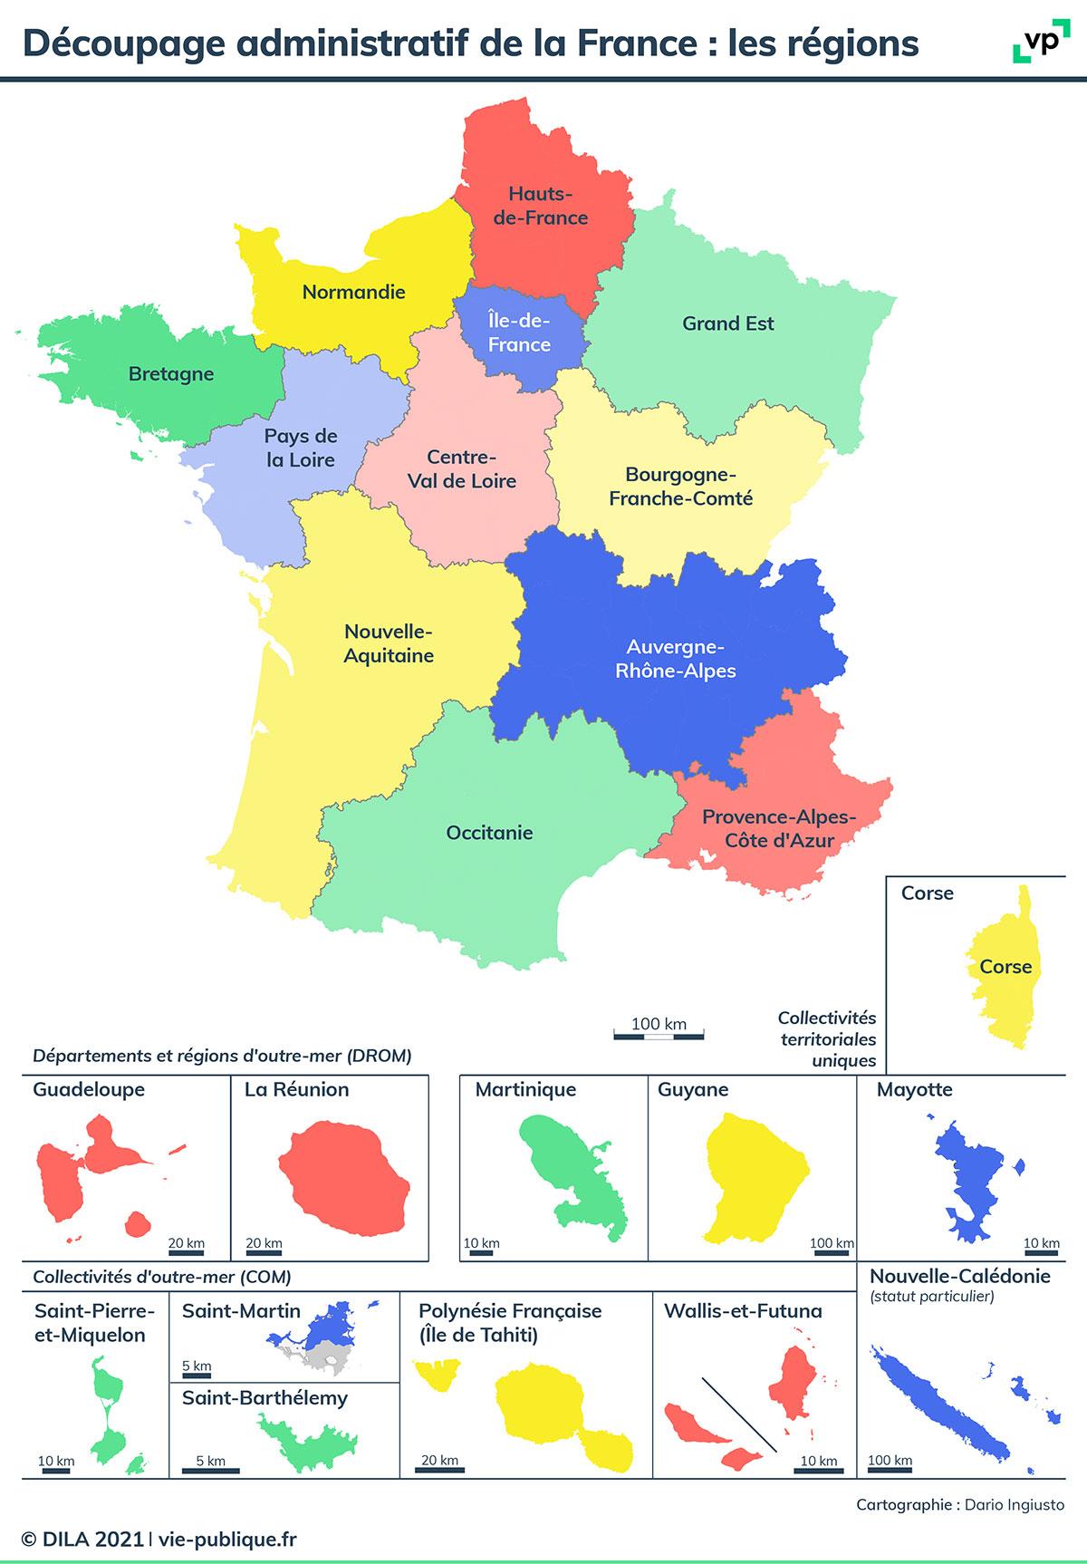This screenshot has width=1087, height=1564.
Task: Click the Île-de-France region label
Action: point(519,332)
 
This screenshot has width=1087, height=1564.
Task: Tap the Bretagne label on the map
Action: point(171,373)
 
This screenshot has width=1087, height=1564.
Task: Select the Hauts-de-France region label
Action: point(541,206)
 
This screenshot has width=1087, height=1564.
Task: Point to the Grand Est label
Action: point(728,323)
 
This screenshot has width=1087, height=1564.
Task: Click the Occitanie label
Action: point(489,833)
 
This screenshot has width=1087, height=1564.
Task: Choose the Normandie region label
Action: point(353,292)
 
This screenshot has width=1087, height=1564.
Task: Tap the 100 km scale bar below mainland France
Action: point(659,1034)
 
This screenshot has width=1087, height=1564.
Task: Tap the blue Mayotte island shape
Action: point(969,1178)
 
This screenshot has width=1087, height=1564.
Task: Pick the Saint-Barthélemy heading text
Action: point(265,1398)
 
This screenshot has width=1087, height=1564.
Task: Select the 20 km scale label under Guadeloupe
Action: point(186,1243)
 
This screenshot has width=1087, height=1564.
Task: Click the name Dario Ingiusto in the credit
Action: point(1015,1505)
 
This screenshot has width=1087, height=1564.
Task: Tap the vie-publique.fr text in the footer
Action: point(227,1540)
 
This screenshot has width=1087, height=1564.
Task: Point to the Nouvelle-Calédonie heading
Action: point(960,1277)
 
